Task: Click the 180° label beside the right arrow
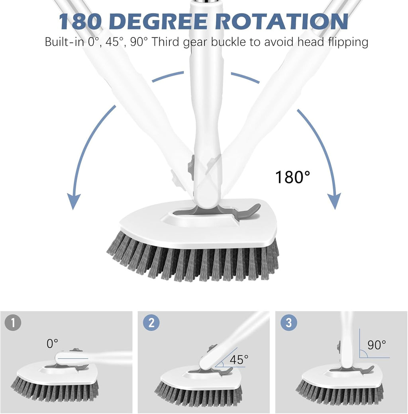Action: [x=292, y=177]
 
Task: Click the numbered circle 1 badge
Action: [x=14, y=322]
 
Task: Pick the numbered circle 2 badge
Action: [x=151, y=322]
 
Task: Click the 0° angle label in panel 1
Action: [x=52, y=343]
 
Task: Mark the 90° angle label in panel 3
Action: [x=377, y=344]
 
